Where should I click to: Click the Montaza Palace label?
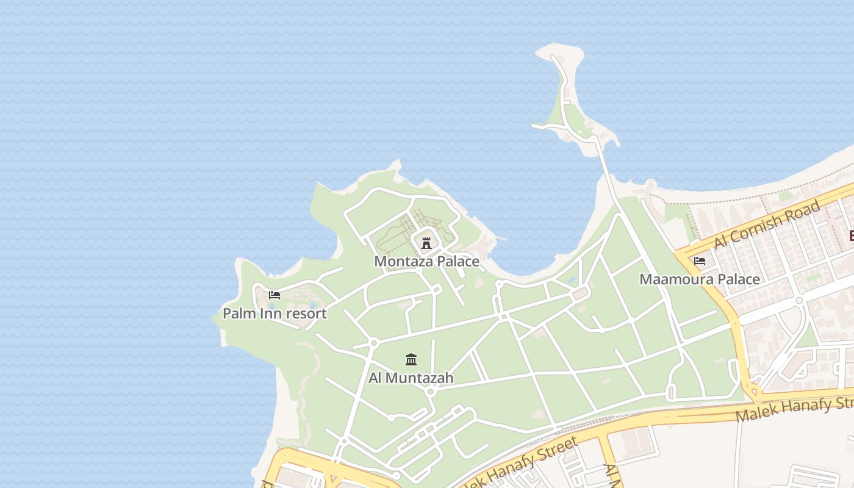click(426, 262)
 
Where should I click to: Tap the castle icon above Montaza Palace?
click(426, 243)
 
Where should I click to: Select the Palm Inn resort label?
click(274, 314)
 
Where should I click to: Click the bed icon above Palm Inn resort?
click(274, 295)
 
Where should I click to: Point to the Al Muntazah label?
click(411, 378)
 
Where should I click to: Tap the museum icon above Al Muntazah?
click(411, 359)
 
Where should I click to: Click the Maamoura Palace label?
click(700, 279)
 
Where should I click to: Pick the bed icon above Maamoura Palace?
click(700, 261)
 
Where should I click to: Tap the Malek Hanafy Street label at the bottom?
click(518, 462)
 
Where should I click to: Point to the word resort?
click(306, 314)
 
